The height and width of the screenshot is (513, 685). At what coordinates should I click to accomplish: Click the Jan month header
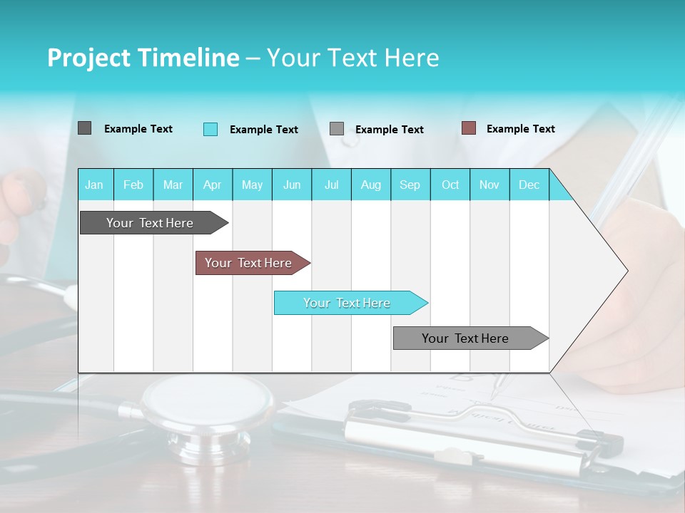pos(95,185)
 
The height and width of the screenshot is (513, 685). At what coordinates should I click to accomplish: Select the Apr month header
pos(213,185)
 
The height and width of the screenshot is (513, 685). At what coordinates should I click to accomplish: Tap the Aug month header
pos(371,185)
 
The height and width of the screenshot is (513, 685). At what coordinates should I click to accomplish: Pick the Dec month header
pos(529,185)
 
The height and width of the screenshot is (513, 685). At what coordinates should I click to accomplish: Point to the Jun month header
pos(292,185)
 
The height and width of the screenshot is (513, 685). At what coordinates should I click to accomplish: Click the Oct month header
pos(450,185)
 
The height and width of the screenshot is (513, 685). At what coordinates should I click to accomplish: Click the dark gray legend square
pos(84,128)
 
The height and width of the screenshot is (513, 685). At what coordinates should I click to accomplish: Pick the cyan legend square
pos(210,129)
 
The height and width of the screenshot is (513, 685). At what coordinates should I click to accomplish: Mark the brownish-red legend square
pos(468,128)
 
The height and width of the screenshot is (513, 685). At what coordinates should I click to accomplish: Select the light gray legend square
pos(337,129)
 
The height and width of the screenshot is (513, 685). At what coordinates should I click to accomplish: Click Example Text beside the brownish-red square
pos(520,129)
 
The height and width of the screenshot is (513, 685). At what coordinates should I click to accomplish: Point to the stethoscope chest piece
pos(207,413)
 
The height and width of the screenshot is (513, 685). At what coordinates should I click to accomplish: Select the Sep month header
pos(410,185)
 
